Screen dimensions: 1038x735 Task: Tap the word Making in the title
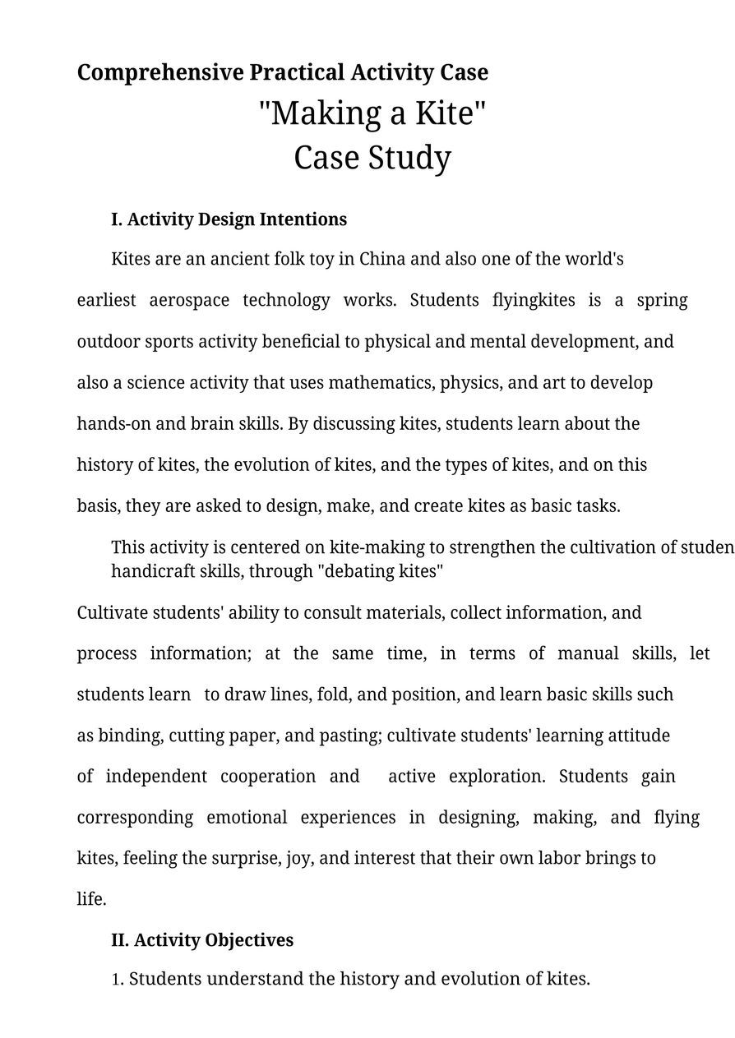pyautogui.click(x=326, y=113)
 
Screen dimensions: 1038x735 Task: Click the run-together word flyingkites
pyautogui.click(x=534, y=300)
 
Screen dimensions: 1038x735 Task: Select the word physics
pyautogui.click(x=469, y=383)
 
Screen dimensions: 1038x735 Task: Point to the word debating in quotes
pyautogui.click(x=360, y=571)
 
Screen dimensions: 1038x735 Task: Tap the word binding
pyautogui.click(x=131, y=736)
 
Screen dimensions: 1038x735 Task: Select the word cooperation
pyautogui.click(x=268, y=777)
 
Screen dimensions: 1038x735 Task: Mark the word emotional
pyautogui.click(x=247, y=818)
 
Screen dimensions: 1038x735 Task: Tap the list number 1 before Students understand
pyautogui.click(x=118, y=980)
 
